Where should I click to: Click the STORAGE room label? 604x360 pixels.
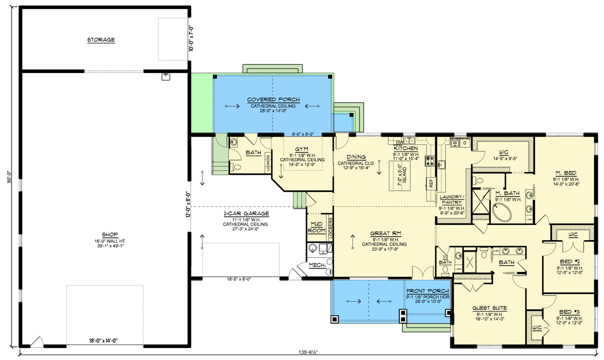[101, 40]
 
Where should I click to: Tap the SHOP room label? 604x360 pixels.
[107, 235]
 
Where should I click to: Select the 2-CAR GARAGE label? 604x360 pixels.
[246, 213]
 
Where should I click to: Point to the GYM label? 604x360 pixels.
[302, 150]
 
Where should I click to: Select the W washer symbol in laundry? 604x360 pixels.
[455, 143]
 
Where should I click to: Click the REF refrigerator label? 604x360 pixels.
[431, 183]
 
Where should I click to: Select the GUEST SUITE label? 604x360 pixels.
[490, 308]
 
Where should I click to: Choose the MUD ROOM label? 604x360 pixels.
[316, 228]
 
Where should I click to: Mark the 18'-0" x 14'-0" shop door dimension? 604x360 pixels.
[105, 340]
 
